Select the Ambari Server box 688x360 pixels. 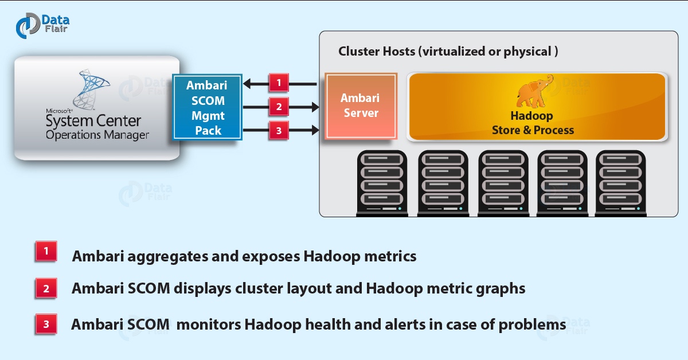click(x=360, y=105)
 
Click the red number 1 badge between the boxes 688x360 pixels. click(x=279, y=83)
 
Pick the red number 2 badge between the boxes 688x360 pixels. click(x=279, y=107)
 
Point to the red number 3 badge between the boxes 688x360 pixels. click(x=279, y=131)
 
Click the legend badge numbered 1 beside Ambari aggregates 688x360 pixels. click(x=46, y=252)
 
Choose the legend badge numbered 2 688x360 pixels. click(x=46, y=288)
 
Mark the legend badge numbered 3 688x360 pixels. click(x=46, y=324)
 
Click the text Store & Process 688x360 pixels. click(x=533, y=130)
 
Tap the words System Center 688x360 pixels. click(x=93, y=122)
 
